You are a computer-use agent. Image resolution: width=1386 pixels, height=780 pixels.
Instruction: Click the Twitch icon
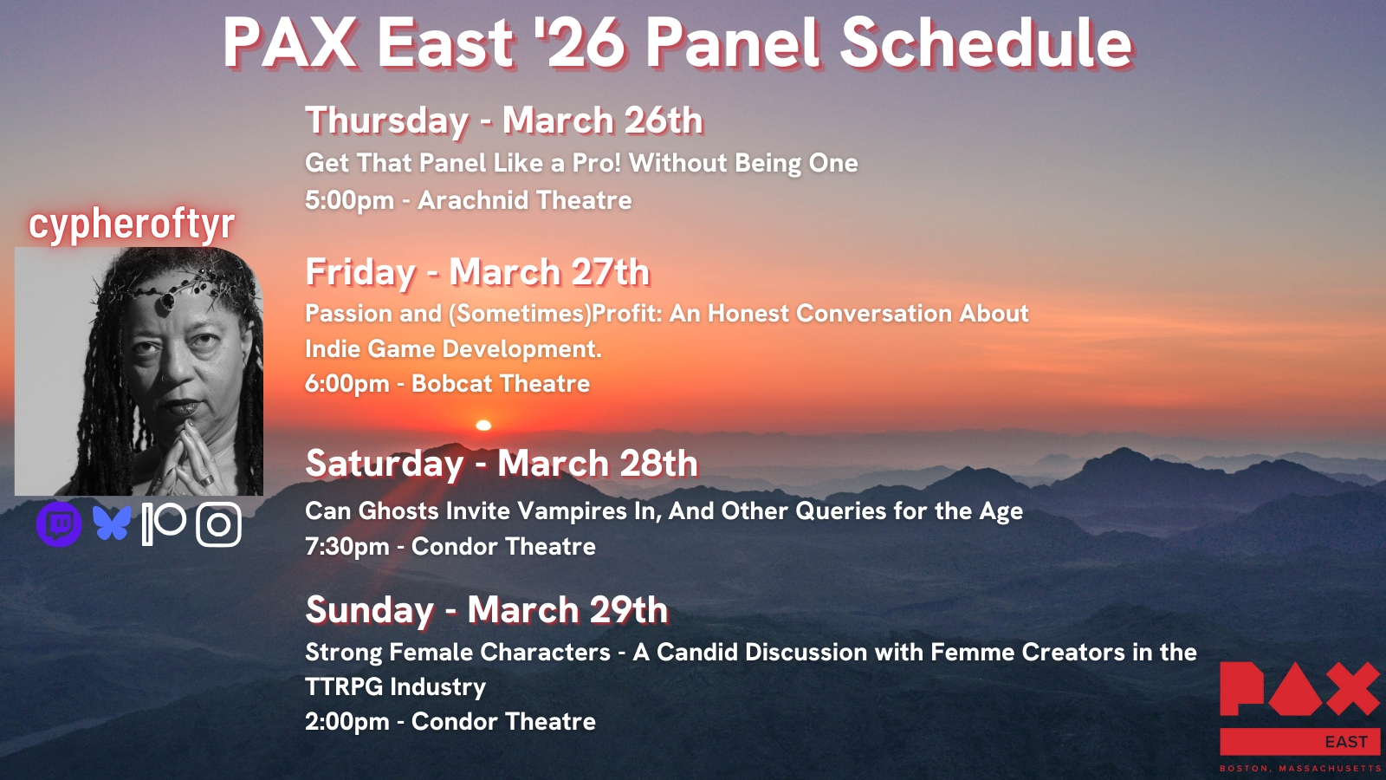(59, 524)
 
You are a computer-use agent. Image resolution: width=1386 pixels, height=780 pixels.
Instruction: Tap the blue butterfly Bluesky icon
(112, 523)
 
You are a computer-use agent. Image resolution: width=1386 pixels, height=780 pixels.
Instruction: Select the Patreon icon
(164, 524)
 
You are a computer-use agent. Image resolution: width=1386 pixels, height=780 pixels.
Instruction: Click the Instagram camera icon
(218, 524)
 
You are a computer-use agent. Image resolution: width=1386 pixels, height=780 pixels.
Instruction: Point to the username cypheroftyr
(132, 224)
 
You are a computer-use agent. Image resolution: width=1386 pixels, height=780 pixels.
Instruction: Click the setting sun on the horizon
(483, 426)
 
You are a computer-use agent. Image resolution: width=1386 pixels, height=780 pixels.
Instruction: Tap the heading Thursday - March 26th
(503, 120)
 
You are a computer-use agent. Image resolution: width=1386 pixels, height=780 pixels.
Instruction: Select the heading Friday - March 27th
(477, 272)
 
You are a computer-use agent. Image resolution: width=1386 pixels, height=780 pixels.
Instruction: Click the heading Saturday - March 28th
(502, 463)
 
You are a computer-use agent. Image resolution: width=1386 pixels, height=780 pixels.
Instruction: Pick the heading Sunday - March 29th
(486, 610)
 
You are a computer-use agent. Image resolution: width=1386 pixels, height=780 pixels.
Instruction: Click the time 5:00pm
(349, 200)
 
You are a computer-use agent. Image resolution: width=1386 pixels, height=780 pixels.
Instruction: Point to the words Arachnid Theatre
(525, 200)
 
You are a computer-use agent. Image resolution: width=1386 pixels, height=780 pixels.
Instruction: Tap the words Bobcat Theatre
(501, 384)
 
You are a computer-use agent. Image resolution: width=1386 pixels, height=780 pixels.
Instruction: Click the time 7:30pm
(347, 547)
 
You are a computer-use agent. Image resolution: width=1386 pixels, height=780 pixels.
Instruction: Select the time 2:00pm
(347, 722)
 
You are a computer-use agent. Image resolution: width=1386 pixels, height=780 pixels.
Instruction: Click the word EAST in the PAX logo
(1346, 742)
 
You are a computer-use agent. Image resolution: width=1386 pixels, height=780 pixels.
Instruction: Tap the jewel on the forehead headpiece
(167, 301)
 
